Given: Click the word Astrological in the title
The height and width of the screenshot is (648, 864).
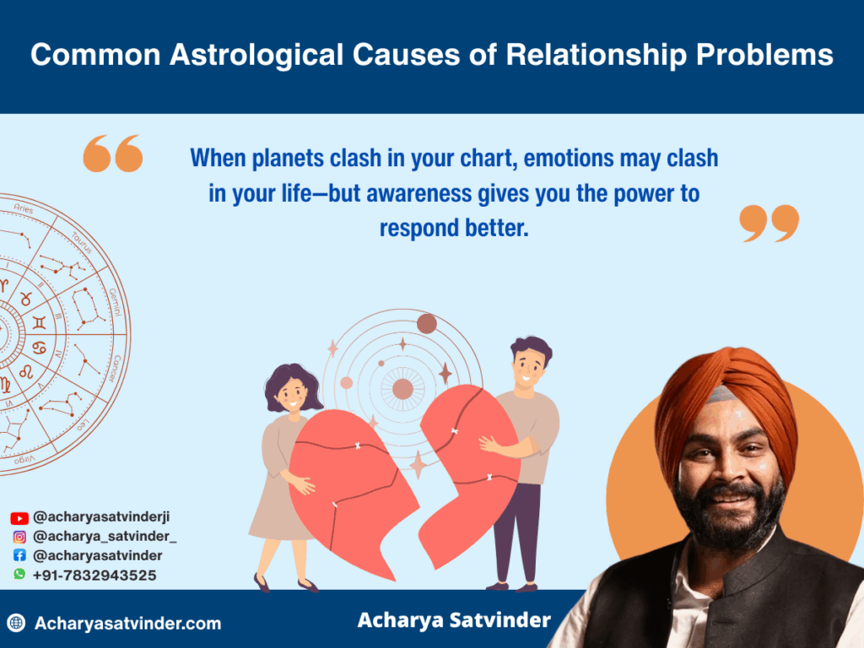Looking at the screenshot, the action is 257,56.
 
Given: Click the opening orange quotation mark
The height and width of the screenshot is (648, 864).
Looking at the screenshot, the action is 113,154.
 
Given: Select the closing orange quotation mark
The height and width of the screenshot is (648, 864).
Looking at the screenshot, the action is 769,223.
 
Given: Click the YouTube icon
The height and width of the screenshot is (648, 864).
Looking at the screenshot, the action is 19,518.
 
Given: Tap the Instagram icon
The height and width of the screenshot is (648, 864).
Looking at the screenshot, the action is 19,537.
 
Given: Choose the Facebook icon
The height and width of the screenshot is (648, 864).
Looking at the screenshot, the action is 19,555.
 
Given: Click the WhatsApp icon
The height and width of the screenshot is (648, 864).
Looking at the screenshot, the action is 19,574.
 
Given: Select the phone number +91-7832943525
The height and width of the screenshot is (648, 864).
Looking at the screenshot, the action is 94,575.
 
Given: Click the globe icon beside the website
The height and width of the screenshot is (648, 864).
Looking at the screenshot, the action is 17,623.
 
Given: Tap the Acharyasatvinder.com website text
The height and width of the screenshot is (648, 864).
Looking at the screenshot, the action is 128,624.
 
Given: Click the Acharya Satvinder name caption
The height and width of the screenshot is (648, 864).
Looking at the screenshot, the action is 454,620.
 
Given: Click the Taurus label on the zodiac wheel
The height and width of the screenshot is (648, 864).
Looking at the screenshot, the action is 82,243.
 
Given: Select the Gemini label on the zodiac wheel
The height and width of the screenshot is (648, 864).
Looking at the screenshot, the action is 115,302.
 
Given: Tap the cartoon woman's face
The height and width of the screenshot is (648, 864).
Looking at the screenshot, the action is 292,394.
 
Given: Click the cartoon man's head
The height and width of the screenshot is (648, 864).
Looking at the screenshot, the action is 530,364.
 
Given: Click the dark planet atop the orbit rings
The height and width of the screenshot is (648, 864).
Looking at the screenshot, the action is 426,323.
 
